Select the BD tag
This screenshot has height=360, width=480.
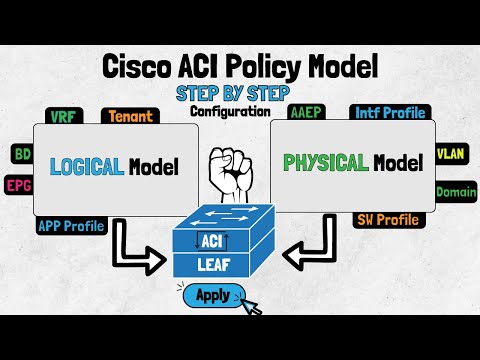pyautogui.click(x=21, y=154)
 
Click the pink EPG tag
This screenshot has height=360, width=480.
pyautogui.click(x=18, y=185)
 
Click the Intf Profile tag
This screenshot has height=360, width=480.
pyautogui.click(x=389, y=113)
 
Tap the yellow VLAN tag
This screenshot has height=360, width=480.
pyautogui.click(x=455, y=154)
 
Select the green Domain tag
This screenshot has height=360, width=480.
pyautogui.click(x=455, y=191)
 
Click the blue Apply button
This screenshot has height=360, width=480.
pyautogui.click(x=213, y=295)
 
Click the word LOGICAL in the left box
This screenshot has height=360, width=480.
pyautogui.click(x=87, y=167)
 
